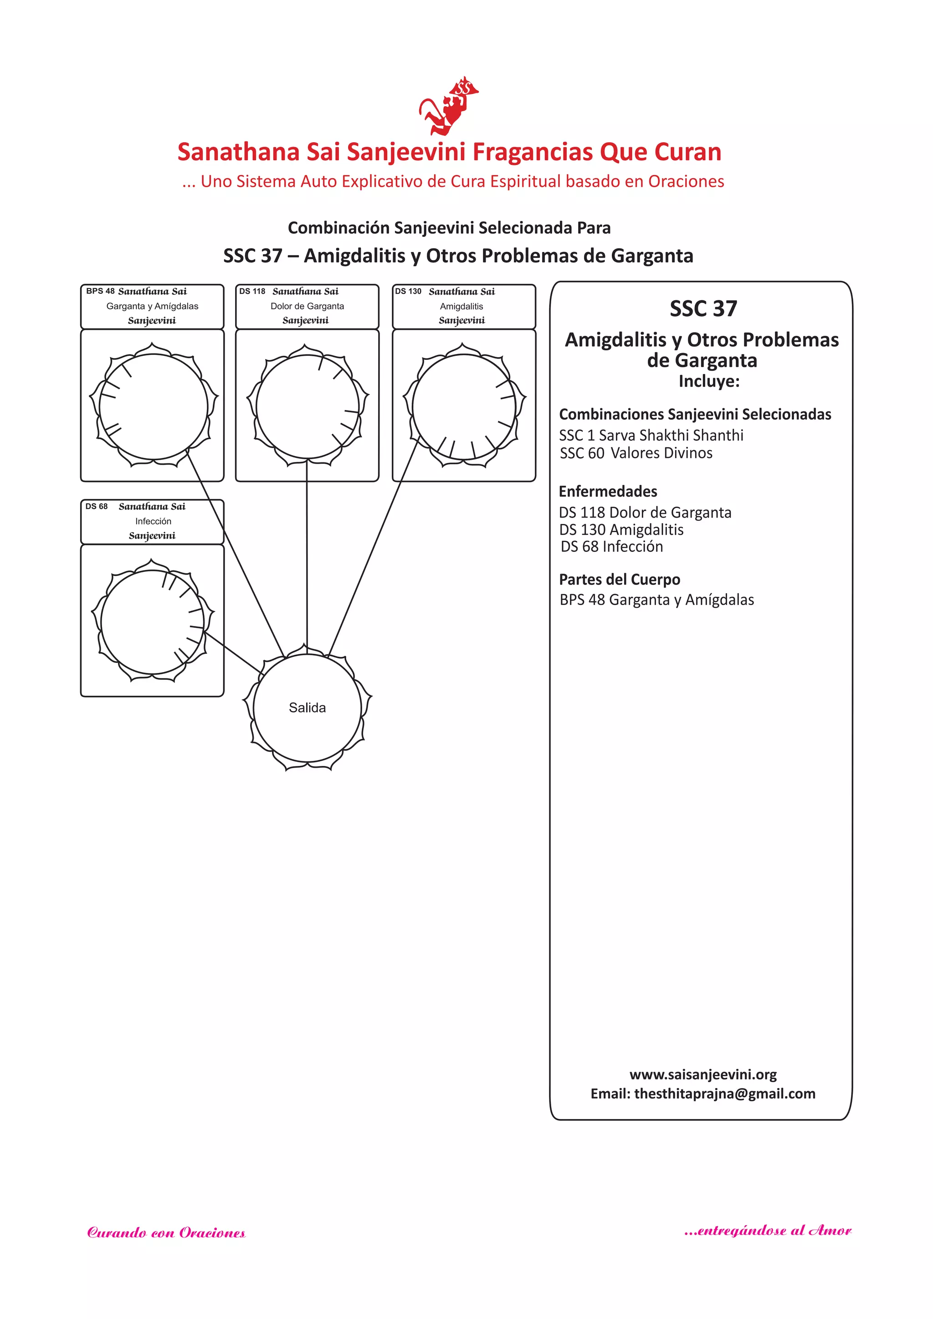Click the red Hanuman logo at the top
tap(449, 106)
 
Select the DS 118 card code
tap(252, 291)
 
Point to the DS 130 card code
tap(408, 291)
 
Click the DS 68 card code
tap(97, 506)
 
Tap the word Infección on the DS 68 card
tap(153, 521)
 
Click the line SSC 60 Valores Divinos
tap(636, 453)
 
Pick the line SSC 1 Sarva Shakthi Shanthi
tap(651, 436)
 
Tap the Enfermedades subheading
tap(608, 492)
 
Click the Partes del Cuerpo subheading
tap(619, 580)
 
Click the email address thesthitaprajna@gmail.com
tap(724, 1094)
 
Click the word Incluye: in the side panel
tap(709, 381)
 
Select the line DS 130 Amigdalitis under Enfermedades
tap(621, 530)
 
